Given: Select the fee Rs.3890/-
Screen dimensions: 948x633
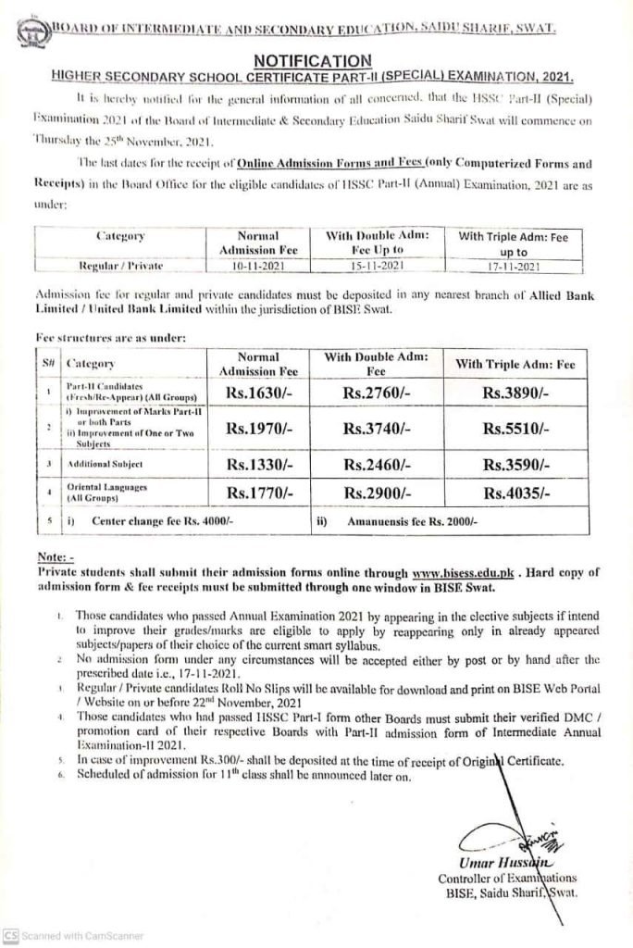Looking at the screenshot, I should [x=515, y=392].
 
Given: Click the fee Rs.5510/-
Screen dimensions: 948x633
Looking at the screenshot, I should [x=515, y=428].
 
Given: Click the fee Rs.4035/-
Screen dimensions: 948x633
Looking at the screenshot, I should [x=515, y=493].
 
